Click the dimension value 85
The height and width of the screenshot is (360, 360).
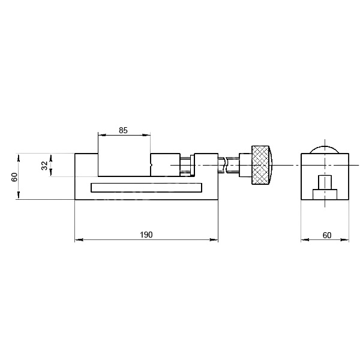[123, 130]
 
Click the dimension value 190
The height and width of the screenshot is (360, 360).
[146, 235]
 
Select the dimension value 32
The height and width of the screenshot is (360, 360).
[44, 166]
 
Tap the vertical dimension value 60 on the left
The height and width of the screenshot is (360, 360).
[14, 177]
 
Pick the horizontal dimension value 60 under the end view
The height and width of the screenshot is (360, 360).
[327, 235]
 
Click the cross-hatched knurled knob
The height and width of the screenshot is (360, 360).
[260, 165]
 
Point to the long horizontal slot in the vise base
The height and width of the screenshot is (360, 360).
[146, 188]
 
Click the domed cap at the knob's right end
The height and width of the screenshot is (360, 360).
[271, 165]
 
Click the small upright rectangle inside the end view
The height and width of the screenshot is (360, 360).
[325, 182]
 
